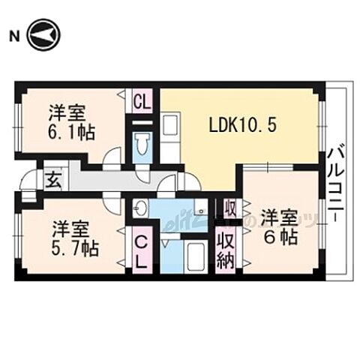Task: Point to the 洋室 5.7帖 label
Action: pyautogui.click(x=75, y=238)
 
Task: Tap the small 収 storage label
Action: pyautogui.click(x=229, y=208)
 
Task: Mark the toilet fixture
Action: pyautogui.click(x=142, y=142)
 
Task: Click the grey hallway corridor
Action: pyautogui.click(x=112, y=179)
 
